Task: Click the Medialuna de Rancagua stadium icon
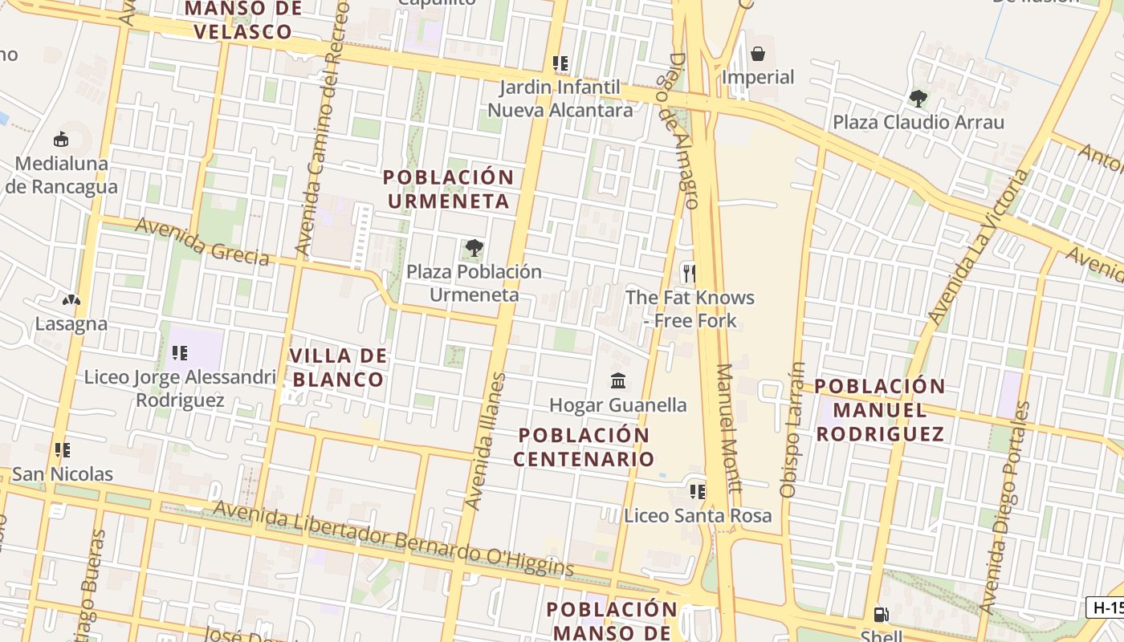60,140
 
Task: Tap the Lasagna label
71,324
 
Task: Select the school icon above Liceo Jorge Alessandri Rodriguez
180,352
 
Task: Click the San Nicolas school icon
62,450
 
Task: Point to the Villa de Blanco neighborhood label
338,368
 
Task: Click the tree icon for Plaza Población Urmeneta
474,247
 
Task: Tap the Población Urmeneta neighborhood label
448,189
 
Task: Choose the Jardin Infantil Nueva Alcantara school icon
560,63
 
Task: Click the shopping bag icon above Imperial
757,54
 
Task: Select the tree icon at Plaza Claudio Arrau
918,99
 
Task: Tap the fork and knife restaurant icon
688,273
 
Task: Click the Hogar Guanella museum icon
617,380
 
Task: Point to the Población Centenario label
584,447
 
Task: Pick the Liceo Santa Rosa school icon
697,491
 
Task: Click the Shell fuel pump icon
881,615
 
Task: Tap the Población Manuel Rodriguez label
880,409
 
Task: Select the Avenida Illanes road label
487,441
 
